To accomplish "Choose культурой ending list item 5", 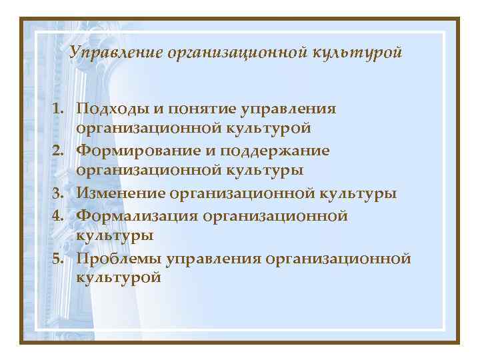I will tap(119, 279).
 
